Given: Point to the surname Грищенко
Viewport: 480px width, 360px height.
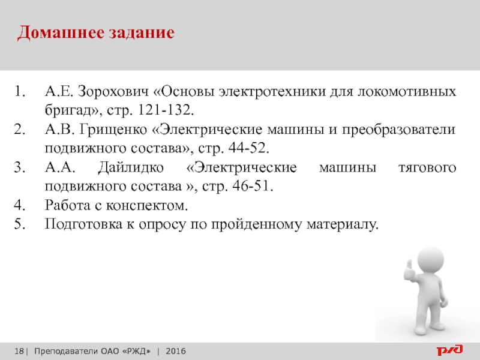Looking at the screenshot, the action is click(x=113, y=130).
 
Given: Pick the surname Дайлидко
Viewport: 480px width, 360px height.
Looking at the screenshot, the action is click(x=131, y=168).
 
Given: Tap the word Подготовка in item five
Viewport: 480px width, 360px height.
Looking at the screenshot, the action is click(x=83, y=224).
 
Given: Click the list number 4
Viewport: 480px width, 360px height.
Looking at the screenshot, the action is click(x=20, y=205).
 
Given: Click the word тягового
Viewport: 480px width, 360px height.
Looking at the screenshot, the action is click(x=427, y=168).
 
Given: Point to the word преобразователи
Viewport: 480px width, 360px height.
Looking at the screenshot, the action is click(x=398, y=130).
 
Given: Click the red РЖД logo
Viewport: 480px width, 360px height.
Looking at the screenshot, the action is click(x=449, y=350).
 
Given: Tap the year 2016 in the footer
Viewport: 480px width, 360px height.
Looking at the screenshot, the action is click(x=176, y=351).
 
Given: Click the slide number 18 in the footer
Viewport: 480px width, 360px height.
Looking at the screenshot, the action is click(x=19, y=351).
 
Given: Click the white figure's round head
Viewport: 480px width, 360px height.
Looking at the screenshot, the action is click(x=431, y=259).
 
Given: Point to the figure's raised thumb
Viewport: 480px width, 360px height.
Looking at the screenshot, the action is click(x=409, y=265).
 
